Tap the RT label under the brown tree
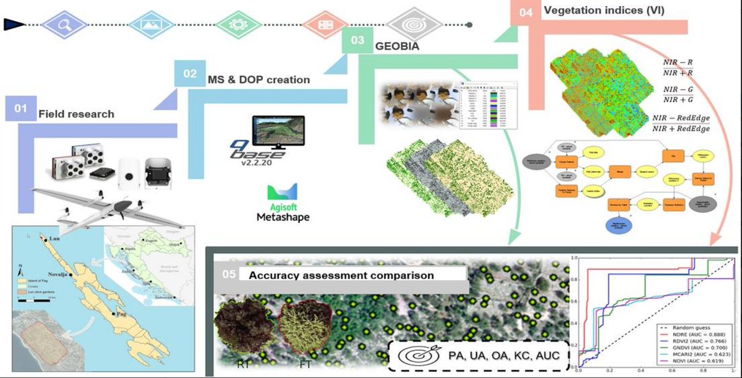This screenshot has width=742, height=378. pos(243,364)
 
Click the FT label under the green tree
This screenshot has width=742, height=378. pos(304,364)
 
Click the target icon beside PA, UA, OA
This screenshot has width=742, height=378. pos(414,356)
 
